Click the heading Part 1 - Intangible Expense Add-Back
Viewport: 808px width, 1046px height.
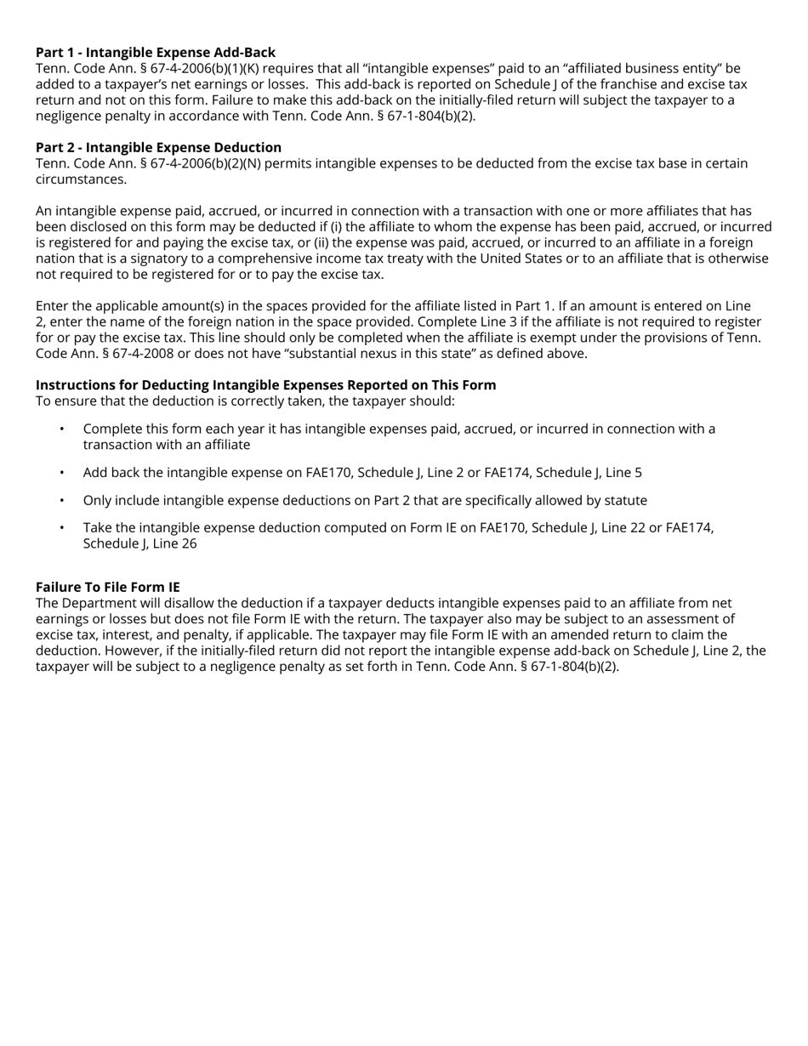point(155,53)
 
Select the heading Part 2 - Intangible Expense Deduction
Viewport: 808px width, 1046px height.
point(158,148)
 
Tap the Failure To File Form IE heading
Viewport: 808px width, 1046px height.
point(107,588)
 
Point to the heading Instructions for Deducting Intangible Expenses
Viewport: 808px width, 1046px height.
point(265,385)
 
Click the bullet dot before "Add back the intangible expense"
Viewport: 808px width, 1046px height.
point(62,473)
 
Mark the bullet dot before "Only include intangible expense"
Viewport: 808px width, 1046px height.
point(62,501)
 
